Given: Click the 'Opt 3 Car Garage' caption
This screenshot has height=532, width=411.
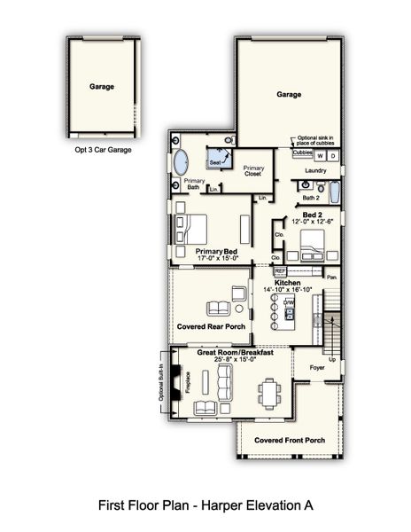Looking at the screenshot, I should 105,151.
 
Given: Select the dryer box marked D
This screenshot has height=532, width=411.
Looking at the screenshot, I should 334,154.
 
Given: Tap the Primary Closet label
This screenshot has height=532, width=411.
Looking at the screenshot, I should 254,171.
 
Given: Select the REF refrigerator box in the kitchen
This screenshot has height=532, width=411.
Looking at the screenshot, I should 281,270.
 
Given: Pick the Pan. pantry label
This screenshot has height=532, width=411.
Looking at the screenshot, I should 332,278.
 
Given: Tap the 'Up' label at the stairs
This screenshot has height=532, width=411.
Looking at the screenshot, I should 331,360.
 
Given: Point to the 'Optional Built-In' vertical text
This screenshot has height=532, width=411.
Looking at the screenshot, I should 161,383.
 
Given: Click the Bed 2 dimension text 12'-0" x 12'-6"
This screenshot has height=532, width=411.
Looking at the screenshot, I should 313,223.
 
